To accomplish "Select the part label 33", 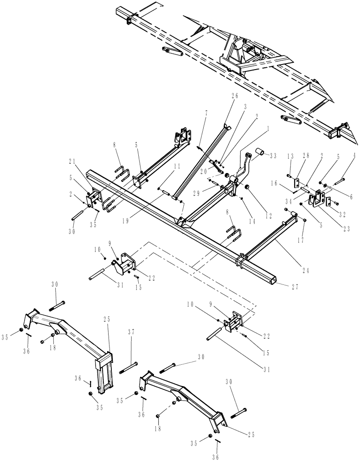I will pyautogui.click(x=273, y=155).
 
